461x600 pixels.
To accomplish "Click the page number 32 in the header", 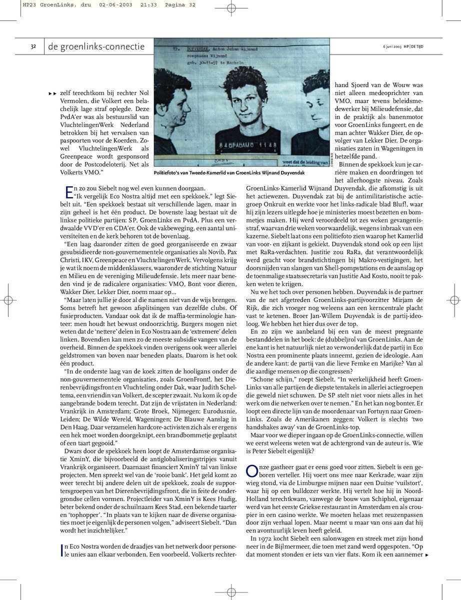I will pos(33,47).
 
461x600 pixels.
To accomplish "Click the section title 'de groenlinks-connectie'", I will pos(96,47).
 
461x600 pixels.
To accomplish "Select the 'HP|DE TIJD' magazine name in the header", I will pos(419,47).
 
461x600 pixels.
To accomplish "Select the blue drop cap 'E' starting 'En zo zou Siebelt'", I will pos(69,190).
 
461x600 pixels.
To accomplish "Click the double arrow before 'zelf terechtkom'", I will pos(52,93).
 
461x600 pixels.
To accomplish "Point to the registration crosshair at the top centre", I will pos(231,8).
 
